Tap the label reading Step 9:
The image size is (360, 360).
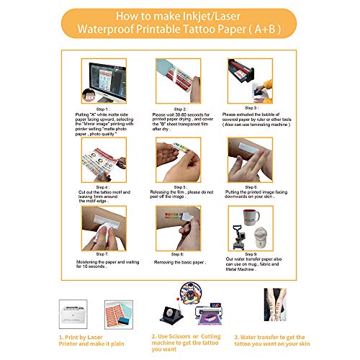[250, 254]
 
